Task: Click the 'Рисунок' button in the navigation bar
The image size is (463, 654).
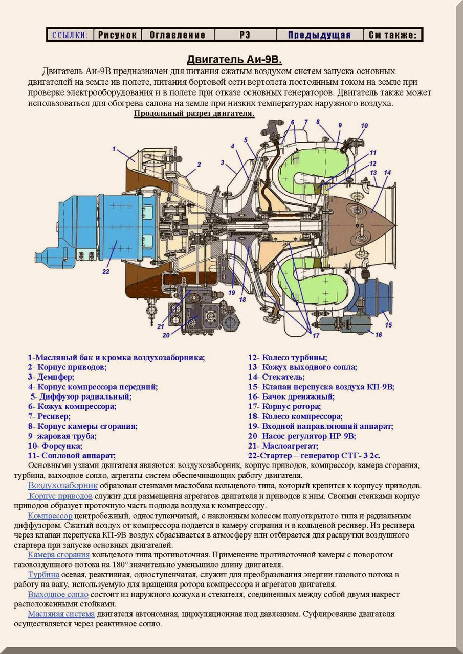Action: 117,35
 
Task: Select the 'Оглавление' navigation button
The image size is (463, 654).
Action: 177,35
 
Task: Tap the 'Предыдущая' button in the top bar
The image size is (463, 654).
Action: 319,35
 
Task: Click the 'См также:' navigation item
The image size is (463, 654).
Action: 393,35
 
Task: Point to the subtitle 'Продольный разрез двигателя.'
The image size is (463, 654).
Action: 194,113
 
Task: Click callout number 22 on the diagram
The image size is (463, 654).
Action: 105,271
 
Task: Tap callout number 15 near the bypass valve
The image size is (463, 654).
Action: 388,324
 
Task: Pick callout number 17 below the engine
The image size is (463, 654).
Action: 316,335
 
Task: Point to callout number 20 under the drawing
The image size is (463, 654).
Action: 166,336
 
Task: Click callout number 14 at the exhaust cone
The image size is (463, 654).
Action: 387,172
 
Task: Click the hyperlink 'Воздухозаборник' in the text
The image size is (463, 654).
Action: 62,485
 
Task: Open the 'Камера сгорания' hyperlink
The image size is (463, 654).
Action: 58,555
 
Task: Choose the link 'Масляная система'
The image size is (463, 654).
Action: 61,614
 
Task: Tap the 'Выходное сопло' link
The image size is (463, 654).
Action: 58,595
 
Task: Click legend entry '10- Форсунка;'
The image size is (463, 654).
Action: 55,446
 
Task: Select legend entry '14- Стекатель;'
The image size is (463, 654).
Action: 283,377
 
